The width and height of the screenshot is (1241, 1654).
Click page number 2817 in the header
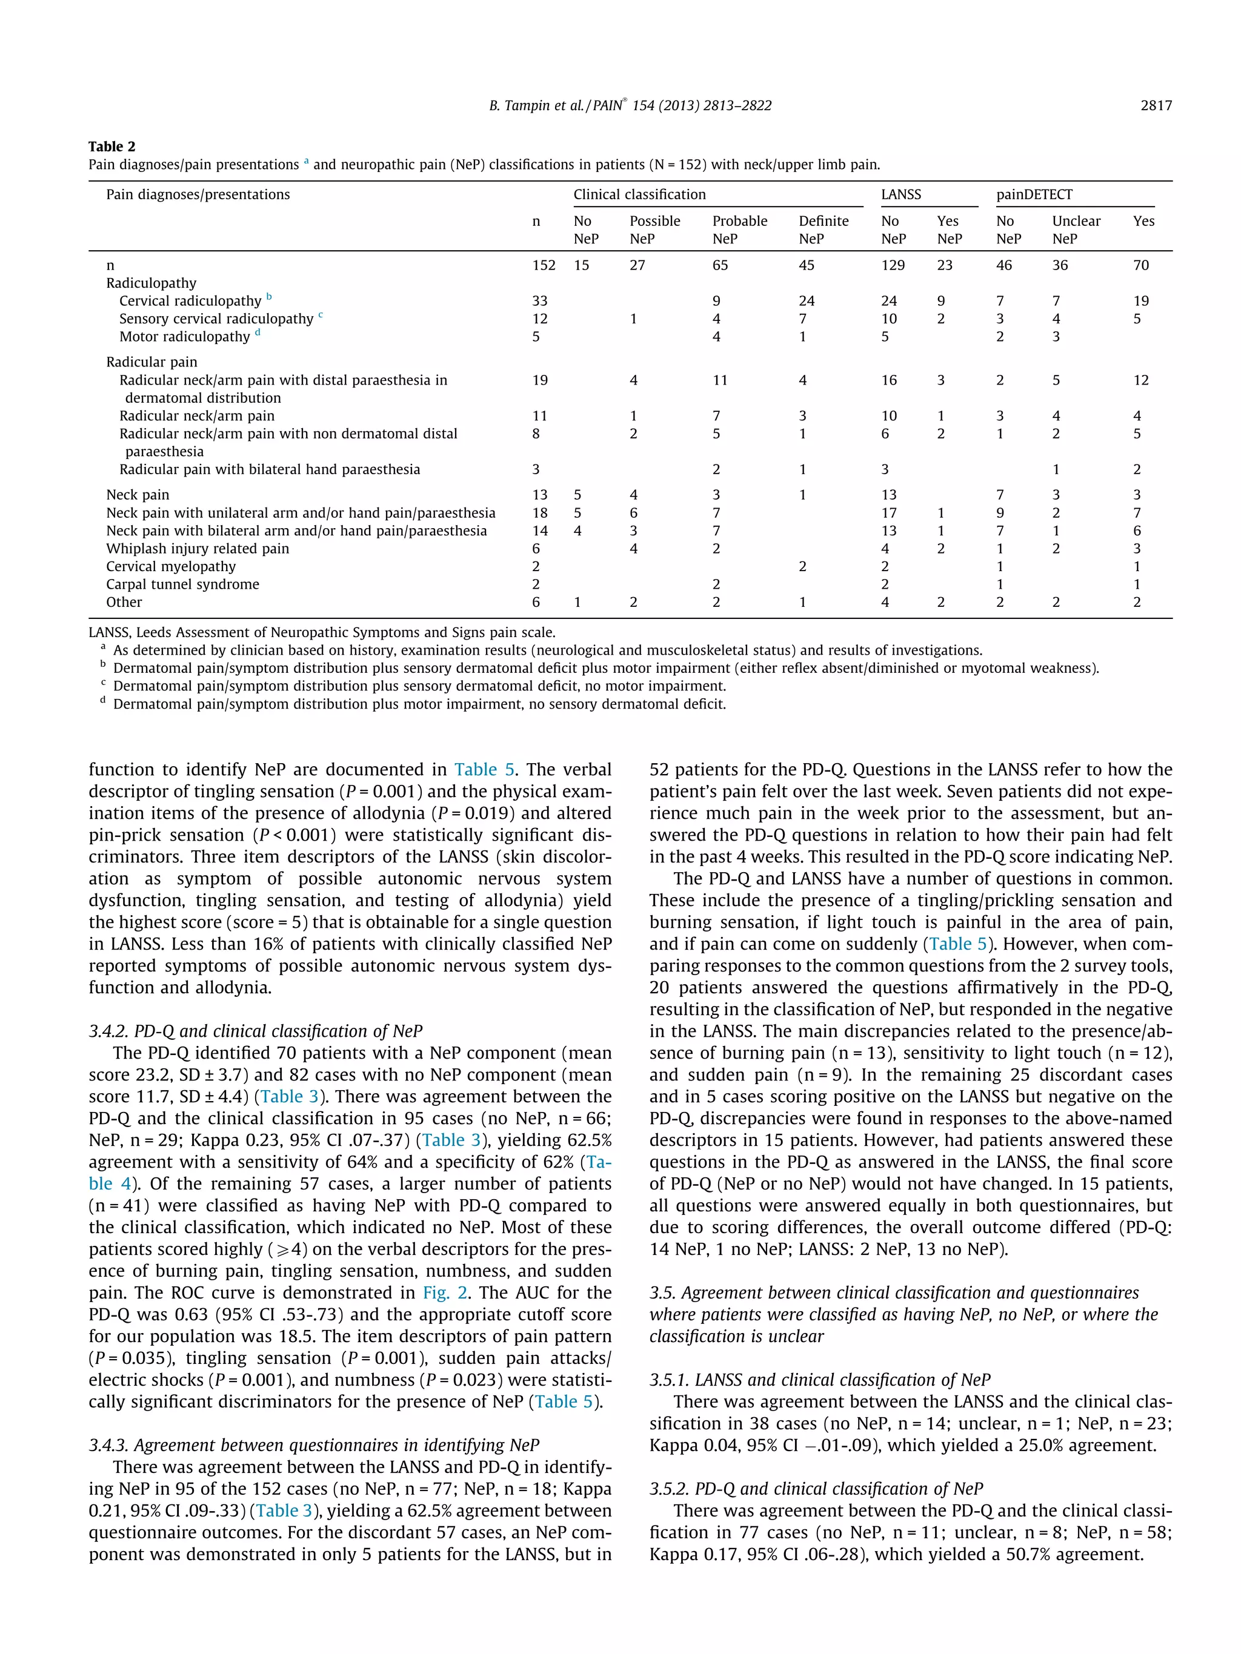(1155, 105)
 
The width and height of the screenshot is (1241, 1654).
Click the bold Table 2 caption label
(111, 147)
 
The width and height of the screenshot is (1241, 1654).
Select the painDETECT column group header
(1034, 194)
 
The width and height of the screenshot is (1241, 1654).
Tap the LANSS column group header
(900, 194)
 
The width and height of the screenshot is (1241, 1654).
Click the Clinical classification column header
(639, 194)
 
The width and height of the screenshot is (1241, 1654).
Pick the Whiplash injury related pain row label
(198, 548)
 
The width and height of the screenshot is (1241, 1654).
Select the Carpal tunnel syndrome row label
(182, 584)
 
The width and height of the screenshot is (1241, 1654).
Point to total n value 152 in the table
(544, 265)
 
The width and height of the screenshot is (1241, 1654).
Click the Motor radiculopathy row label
(184, 337)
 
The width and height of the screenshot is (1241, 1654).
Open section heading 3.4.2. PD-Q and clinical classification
(255, 1031)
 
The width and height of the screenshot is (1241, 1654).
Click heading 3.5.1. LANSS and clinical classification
(819, 1380)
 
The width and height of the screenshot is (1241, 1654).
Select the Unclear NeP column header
(1076, 230)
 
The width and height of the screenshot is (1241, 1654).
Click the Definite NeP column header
(823, 230)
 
